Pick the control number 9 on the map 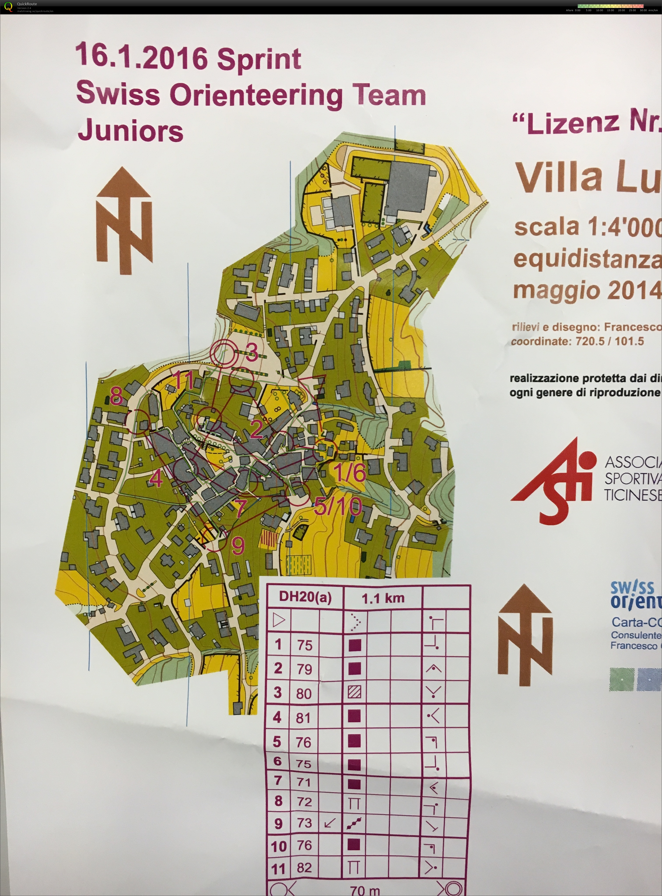click(238, 545)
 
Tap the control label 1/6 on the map click(349, 472)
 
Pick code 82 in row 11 click(304, 868)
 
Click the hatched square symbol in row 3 click(354, 692)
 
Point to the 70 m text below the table click(365, 890)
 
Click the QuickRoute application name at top click(27, 4)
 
